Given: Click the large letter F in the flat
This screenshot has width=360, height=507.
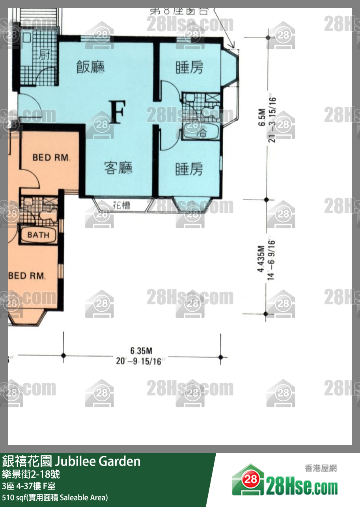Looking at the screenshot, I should (x=118, y=112).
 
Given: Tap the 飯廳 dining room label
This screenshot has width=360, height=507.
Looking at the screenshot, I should (x=91, y=67).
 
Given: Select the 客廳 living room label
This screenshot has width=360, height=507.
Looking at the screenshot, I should (x=118, y=168).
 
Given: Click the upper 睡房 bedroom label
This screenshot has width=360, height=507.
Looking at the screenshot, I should (x=189, y=68).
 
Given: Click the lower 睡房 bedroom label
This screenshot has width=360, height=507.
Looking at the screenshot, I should (x=189, y=170).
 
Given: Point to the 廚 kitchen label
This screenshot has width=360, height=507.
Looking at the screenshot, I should (x=44, y=55).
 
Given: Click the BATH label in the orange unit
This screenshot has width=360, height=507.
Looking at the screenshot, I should (x=38, y=235).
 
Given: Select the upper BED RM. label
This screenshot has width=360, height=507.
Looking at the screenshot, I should (x=51, y=158).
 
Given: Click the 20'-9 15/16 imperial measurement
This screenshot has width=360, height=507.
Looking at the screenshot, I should (x=139, y=361).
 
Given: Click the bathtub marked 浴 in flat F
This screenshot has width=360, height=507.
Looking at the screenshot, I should (x=201, y=132).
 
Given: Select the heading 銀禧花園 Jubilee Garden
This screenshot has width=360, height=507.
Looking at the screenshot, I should (x=71, y=461).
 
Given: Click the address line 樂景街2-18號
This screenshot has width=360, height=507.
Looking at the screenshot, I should (x=31, y=473).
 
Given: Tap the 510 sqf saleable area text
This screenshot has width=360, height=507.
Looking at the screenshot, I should (x=55, y=498).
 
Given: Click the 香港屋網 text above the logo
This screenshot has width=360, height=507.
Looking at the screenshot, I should (x=321, y=468).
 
